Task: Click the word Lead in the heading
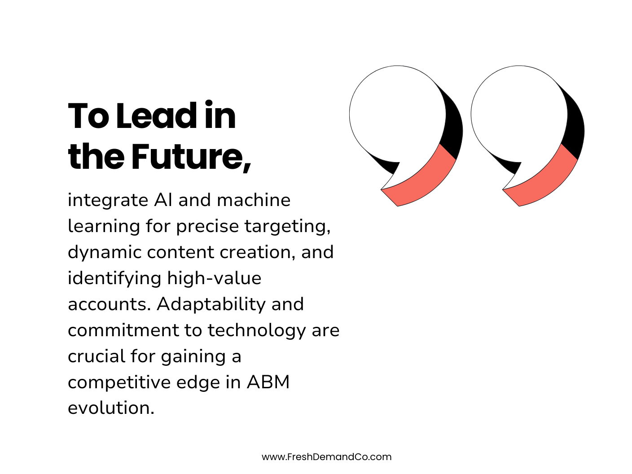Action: pyautogui.click(x=157, y=116)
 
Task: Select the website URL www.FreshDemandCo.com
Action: pyautogui.click(x=326, y=457)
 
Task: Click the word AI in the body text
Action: pyautogui.click(x=163, y=200)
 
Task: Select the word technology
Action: pyautogui.click(x=256, y=330)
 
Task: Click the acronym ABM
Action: pyautogui.click(x=268, y=382)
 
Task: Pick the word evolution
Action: pyautogui.click(x=110, y=408)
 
